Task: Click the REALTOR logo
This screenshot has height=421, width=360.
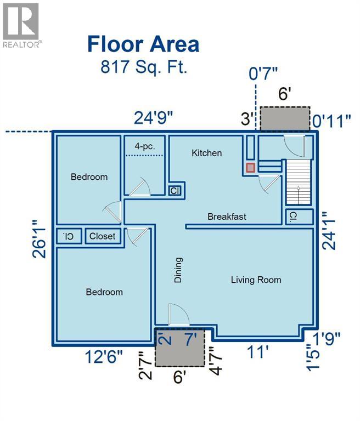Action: [x=21, y=25]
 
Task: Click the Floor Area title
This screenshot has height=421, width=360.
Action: [x=143, y=44]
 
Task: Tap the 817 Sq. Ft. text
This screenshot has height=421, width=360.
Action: [x=144, y=66]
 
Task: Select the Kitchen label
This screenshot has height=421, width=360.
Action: [x=207, y=153]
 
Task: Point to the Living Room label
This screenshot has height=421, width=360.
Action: [x=256, y=280]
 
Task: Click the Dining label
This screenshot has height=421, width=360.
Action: [x=178, y=270]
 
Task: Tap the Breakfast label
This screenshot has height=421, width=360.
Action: [x=227, y=217]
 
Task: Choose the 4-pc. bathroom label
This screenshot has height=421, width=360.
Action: [x=145, y=146]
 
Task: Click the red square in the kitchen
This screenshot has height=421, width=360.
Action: [x=250, y=168]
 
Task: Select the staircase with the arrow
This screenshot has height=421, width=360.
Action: [x=298, y=182]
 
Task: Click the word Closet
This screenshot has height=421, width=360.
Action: [x=102, y=236]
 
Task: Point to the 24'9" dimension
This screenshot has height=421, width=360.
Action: [x=153, y=118]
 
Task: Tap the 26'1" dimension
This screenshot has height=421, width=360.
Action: [x=40, y=239]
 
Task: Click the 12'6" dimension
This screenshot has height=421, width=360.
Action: [x=104, y=357]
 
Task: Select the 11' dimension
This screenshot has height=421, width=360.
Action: [x=257, y=352]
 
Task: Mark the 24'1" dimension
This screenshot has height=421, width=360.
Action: [x=329, y=230]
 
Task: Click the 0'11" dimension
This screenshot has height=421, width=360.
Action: [x=332, y=121]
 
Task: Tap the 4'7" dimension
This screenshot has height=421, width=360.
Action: [x=216, y=360]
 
